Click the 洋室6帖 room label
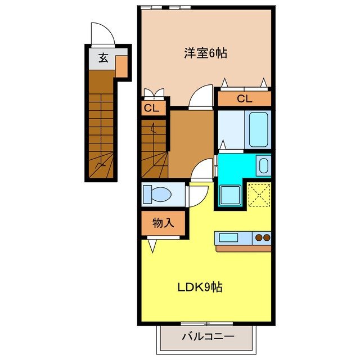point(205,54)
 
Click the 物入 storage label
point(163,223)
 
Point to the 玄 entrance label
point(103,57)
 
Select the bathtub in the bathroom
point(258,129)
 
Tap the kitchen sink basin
point(228,237)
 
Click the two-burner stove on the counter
point(262,237)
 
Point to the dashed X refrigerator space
point(259,195)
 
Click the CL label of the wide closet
point(244,100)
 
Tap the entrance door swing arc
point(102,33)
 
